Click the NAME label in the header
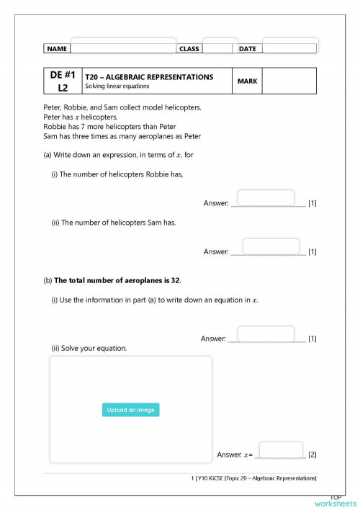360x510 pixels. pyautogui.click(x=57, y=49)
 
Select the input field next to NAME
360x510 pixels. pyautogui.click(x=123, y=45)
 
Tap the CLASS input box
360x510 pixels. pyautogui.click(x=220, y=45)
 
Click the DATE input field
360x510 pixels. pyautogui.click(x=289, y=45)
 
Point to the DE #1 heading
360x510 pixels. pyautogui.click(x=63, y=74)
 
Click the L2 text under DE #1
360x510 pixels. pyautogui.click(x=63, y=87)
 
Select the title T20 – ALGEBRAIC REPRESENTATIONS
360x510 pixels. pyautogui.click(x=149, y=76)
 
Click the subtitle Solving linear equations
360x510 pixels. pyautogui.click(x=117, y=86)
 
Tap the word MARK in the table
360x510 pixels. pyautogui.click(x=247, y=81)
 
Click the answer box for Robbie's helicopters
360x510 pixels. pyautogui.click(x=266, y=197)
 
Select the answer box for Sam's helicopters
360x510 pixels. pyautogui.click(x=271, y=246)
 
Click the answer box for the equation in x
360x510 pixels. pyautogui.click(x=266, y=334)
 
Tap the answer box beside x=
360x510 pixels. pyautogui.click(x=280, y=449)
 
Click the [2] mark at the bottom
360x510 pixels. pyautogui.click(x=312, y=455)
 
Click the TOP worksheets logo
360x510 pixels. pyautogui.click(x=335, y=501)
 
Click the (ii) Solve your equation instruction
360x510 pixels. pyautogui.click(x=89, y=349)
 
